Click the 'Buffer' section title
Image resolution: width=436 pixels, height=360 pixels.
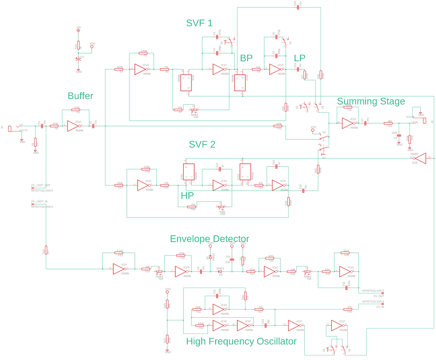coord(80,96)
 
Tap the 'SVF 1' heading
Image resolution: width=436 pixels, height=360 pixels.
coord(199,23)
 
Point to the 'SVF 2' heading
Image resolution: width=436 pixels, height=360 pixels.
coord(202,144)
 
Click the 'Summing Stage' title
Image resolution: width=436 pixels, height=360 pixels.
coord(371,101)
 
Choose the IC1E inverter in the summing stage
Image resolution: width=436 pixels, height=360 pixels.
coord(348,123)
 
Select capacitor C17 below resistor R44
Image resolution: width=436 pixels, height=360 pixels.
coord(79,58)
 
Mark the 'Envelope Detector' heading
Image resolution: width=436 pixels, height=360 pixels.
coord(209,238)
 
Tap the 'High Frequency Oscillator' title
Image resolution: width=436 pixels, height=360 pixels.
coord(241,341)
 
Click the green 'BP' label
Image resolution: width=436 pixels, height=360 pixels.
coord(246,58)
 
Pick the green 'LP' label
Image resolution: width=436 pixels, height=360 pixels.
coord(299,58)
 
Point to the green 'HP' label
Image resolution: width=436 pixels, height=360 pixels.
coord(187,196)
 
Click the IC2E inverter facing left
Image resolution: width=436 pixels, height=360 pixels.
coord(420,158)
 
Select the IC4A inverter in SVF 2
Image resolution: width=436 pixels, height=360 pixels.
coord(144,185)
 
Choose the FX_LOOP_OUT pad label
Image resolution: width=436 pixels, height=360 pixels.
coord(40,185)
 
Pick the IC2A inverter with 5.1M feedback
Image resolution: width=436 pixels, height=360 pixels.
coord(120,269)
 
